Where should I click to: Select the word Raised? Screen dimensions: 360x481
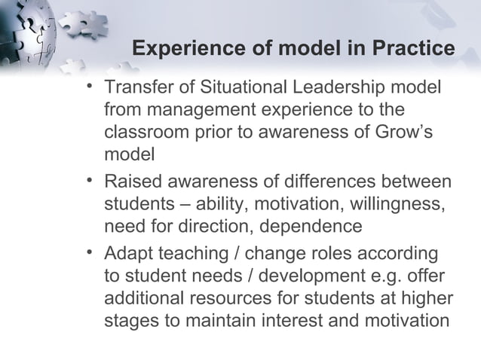129,183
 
